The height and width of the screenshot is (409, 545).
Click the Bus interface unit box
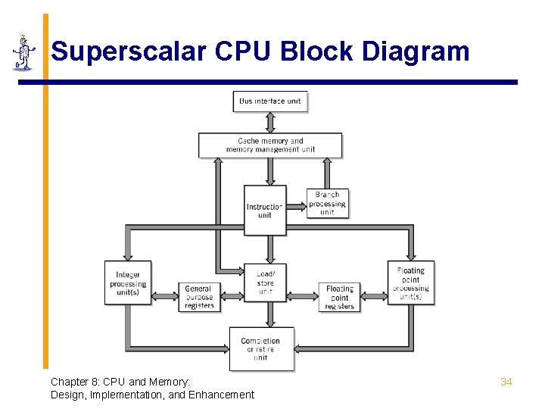pos(270,101)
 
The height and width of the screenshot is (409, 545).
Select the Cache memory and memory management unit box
pos(270,145)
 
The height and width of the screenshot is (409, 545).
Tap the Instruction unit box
pos(265,210)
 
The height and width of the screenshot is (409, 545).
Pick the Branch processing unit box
pos(328,203)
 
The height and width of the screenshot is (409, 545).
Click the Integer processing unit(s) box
pos(128,283)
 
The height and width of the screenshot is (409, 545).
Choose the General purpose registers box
pos(198,297)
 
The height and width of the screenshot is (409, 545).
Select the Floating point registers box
pos(340,297)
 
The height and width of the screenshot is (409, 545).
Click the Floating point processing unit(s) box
pos(410,283)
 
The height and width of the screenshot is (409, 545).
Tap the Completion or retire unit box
pos(261,348)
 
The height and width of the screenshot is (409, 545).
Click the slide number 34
pos(506,382)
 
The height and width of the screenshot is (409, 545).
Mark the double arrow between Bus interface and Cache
pos(270,122)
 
